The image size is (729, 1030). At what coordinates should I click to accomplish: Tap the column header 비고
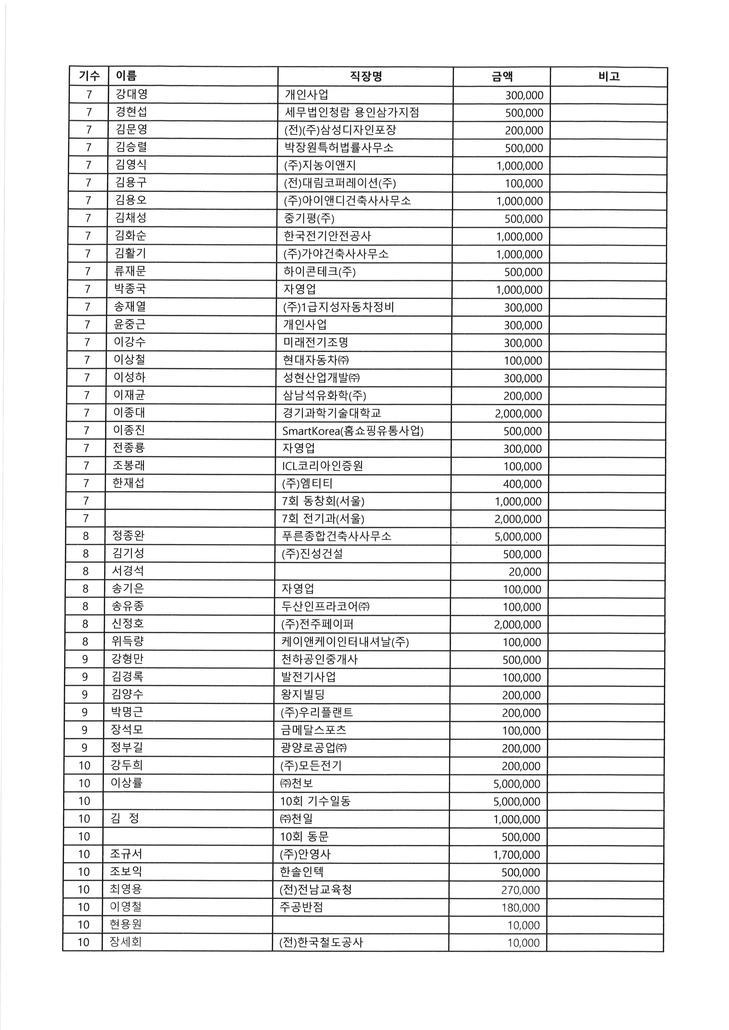(x=609, y=76)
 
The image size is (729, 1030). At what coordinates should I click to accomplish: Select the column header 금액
(x=502, y=77)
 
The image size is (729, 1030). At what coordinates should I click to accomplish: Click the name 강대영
(x=131, y=94)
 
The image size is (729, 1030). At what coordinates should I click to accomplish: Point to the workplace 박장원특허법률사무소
(x=339, y=148)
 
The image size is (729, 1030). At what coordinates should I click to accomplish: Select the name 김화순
(x=130, y=236)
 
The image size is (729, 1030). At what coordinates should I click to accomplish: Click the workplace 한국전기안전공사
(x=328, y=236)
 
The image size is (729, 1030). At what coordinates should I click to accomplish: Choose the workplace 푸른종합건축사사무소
(x=336, y=536)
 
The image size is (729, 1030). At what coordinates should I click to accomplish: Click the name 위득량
(x=128, y=641)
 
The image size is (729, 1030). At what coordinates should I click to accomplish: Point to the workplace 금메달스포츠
(x=313, y=730)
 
